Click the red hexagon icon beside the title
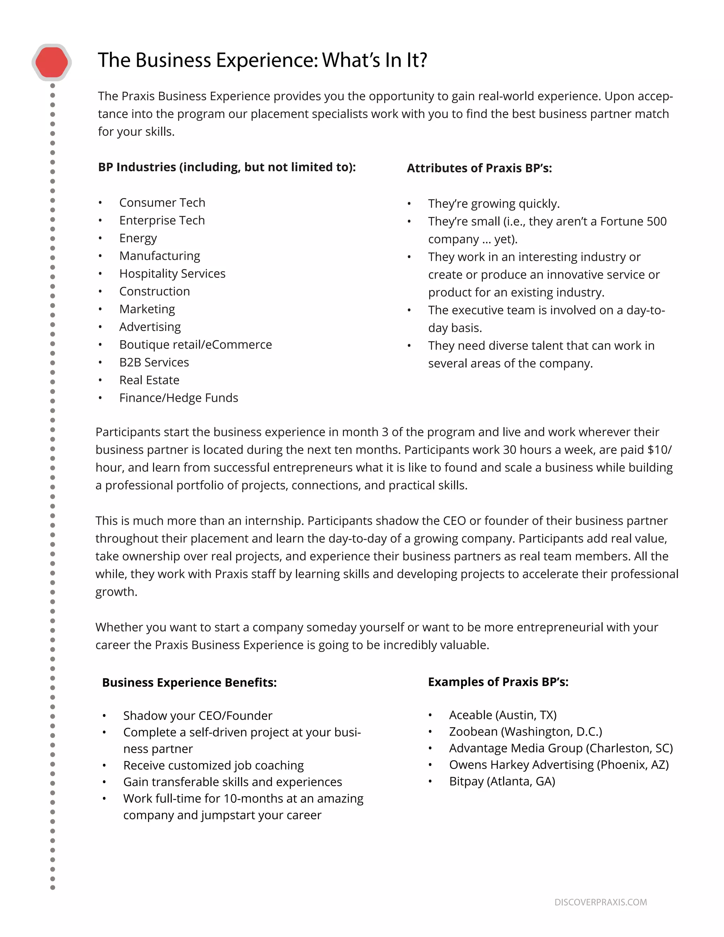[52, 63]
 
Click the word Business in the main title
[173, 60]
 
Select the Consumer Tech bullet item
[162, 203]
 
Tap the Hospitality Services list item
[172, 274]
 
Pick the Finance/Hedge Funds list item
[179, 398]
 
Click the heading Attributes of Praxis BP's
[479, 168]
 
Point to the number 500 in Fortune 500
[656, 221]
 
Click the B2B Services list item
[154, 362]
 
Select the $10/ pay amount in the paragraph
[659, 450]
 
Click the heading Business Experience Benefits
[189, 682]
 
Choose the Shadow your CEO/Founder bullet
[198, 716]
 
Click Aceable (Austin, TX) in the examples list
[503, 715]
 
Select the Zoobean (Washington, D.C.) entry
[525, 732]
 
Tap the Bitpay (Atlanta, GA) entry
[502, 781]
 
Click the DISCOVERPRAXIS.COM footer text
[601, 902]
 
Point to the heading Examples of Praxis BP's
[498, 682]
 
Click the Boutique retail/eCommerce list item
[195, 345]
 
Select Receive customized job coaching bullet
[213, 766]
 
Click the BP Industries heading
[227, 167]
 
